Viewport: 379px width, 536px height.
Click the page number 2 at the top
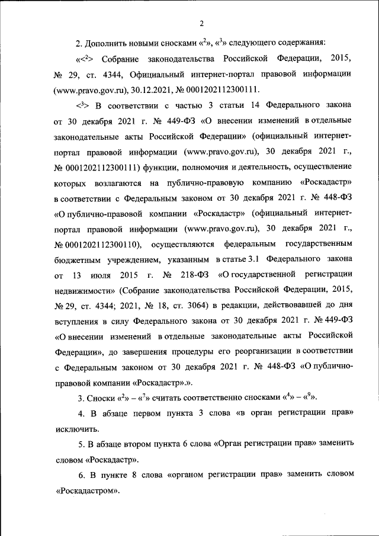pos(201,24)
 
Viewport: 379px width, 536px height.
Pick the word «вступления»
pos(78,320)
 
